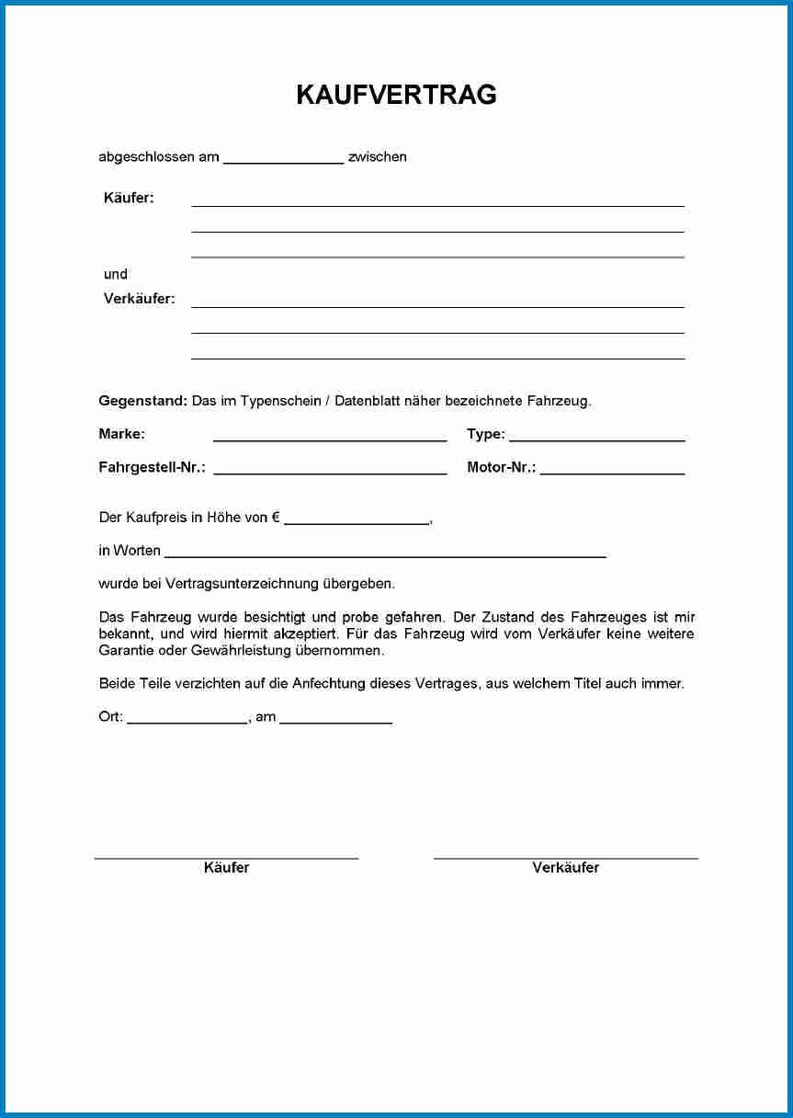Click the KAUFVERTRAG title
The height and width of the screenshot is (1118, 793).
pos(396,95)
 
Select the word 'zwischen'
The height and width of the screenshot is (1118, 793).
pos(377,157)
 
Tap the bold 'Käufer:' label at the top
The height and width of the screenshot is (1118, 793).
pos(129,198)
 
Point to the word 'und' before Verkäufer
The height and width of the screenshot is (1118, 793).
pos(116,274)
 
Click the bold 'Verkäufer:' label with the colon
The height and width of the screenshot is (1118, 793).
pos(139,299)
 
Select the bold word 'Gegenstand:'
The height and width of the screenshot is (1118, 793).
pos(142,401)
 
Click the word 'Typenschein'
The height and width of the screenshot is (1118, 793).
pos(279,401)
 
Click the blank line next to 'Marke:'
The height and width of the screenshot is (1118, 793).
pos(330,439)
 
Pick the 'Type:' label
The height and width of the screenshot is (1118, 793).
pos(485,434)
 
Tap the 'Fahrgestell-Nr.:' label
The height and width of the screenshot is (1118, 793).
pos(152,467)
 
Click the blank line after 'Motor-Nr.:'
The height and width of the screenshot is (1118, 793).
pos(612,472)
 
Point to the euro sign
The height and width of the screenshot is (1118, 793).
pos(276,518)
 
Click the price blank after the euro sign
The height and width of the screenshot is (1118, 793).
pos(357,521)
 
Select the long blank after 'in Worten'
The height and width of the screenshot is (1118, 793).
pos(385,554)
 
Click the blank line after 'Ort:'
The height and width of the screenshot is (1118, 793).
pos(187,722)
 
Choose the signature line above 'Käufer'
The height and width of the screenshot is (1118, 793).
pos(226,857)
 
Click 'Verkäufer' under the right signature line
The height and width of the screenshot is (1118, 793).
pos(565,868)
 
